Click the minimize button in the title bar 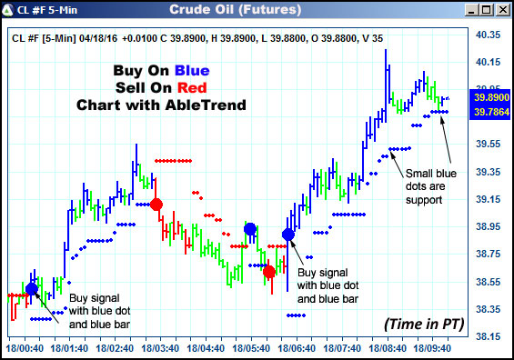coord(470,10)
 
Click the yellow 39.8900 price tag coord(491,96)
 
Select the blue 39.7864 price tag coord(491,111)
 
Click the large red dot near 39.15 coord(156,205)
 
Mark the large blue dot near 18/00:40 coord(32,289)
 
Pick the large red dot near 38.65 coord(269,272)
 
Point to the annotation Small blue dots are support coord(431,186)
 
